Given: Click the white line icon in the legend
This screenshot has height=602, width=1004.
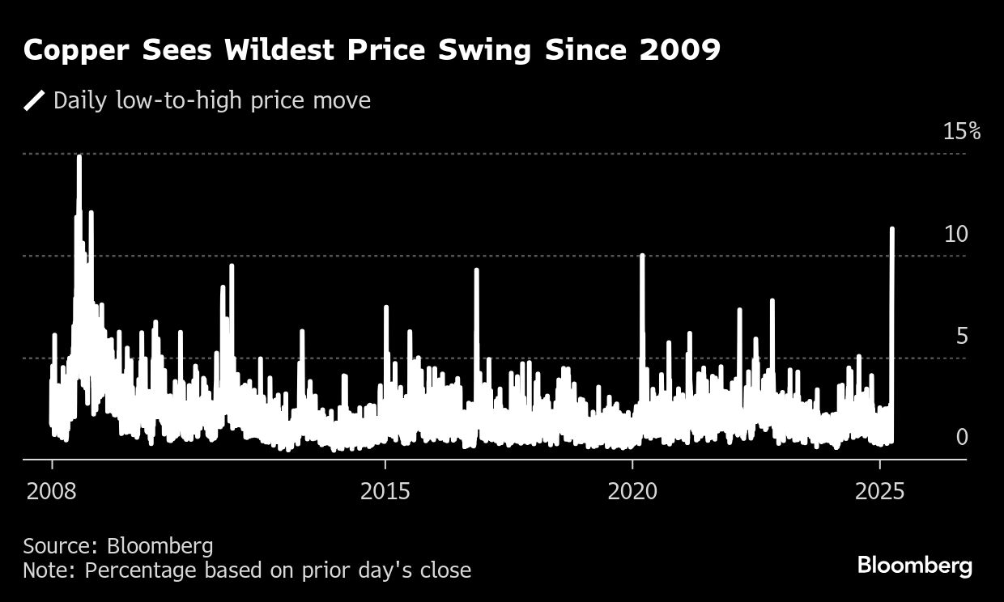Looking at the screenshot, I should pyautogui.click(x=34, y=100).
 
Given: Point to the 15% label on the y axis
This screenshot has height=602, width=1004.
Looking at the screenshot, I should pyautogui.click(x=961, y=131).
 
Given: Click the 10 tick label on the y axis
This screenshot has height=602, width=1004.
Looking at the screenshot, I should pyautogui.click(x=956, y=234).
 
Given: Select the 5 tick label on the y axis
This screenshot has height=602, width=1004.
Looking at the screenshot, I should pyautogui.click(x=962, y=336).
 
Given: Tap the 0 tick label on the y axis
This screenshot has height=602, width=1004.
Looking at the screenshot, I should pyautogui.click(x=962, y=437).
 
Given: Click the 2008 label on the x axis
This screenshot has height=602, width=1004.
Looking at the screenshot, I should pyautogui.click(x=52, y=491).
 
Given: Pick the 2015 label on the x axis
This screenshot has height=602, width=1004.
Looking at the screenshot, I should pyautogui.click(x=385, y=491).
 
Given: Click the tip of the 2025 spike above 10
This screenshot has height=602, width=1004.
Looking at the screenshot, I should pyautogui.click(x=892, y=229).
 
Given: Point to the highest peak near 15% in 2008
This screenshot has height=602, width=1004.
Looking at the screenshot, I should pyautogui.click(x=79, y=156).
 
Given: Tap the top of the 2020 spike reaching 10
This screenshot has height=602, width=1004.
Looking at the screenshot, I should pyautogui.click(x=642, y=256).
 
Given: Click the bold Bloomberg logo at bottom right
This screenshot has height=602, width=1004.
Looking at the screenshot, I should pyautogui.click(x=914, y=565).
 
